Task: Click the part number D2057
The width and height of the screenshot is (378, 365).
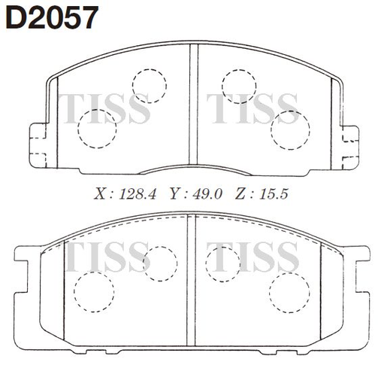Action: pos(52,18)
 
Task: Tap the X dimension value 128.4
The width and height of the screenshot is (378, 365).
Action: pos(138,194)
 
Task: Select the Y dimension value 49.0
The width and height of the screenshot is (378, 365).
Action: pos(207,194)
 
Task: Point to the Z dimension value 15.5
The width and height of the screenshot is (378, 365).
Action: pos(274,194)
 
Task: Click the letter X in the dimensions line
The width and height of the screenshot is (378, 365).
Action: pos(100,194)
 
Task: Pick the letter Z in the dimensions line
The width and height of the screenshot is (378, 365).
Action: pos(240,194)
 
